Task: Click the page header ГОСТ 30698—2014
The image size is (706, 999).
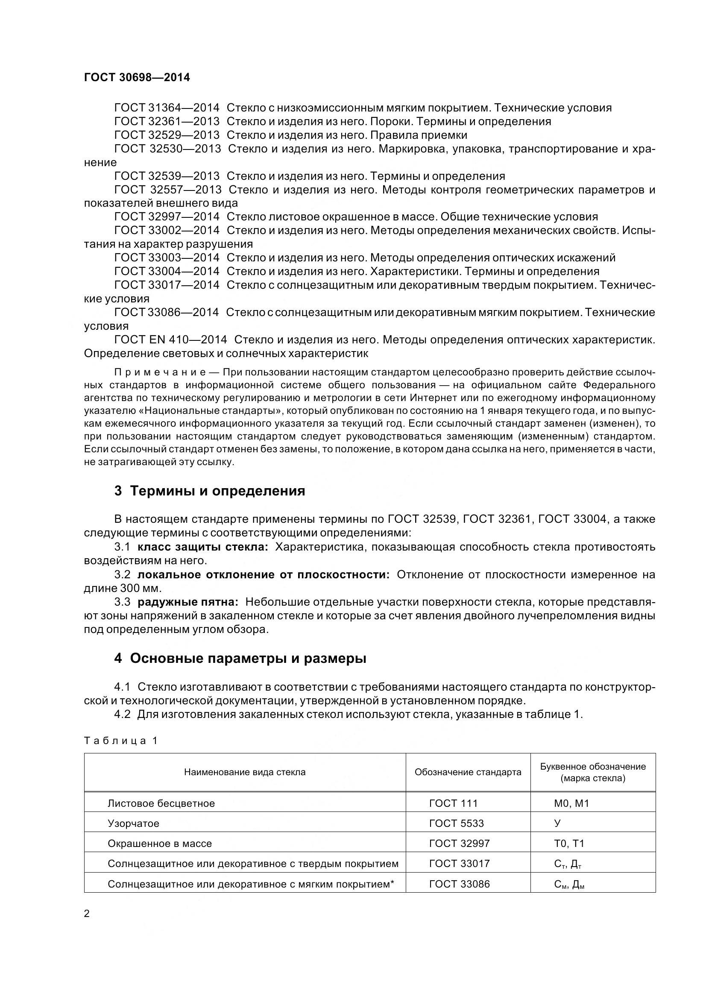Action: coord(137,78)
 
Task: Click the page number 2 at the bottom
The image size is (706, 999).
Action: coord(87,913)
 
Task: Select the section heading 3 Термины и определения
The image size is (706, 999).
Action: coord(209,491)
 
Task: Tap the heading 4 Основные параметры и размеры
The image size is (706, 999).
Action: coord(240,658)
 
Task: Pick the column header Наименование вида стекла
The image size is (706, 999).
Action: coord(244,772)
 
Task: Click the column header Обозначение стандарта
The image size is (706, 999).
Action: coord(468,772)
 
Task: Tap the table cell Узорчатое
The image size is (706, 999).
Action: coord(133,823)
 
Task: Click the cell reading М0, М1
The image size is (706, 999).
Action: coord(571,803)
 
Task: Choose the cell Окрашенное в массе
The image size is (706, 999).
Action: coord(159,843)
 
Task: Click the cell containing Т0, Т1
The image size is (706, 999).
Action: coord(569,843)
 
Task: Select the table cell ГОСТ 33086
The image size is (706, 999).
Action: coord(459,884)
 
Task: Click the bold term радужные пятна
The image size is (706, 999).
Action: coord(188,602)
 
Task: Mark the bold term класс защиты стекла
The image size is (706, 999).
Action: coord(203,547)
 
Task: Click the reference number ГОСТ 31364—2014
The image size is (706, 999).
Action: coord(167,108)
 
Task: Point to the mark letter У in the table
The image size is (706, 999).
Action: coord(557,823)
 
